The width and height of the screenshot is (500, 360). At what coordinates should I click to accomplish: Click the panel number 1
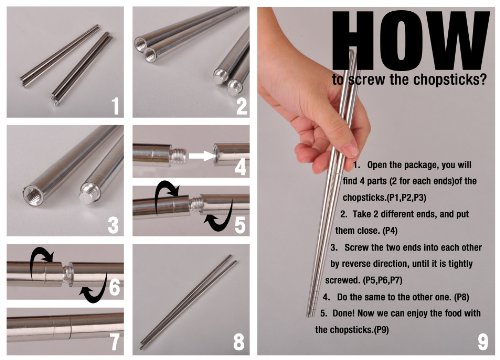click(x=115, y=106)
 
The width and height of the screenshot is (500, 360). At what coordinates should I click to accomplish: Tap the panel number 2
click(x=242, y=106)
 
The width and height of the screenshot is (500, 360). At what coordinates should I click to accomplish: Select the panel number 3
click(x=113, y=225)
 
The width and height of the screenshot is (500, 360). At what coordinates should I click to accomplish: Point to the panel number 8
click(x=239, y=342)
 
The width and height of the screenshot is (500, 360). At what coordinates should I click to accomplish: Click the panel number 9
click(x=483, y=342)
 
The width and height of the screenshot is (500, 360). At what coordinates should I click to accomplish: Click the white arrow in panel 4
click(x=201, y=156)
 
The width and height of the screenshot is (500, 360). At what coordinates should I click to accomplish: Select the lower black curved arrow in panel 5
click(x=218, y=217)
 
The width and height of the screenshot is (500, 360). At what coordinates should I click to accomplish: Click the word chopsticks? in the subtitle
click(x=449, y=80)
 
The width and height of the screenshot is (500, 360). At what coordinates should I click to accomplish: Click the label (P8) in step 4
click(x=462, y=297)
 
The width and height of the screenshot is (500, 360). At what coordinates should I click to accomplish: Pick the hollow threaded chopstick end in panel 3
click(x=32, y=193)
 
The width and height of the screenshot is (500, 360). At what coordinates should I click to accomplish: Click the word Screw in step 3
click(x=356, y=248)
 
